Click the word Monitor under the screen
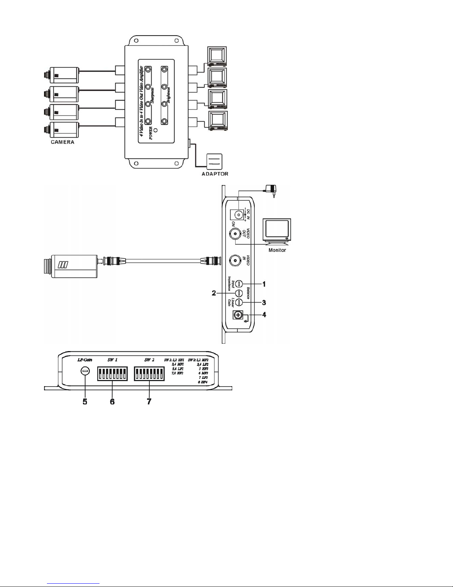tap(277, 250)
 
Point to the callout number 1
tap(264, 284)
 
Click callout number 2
tap(214, 293)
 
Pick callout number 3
tap(264, 303)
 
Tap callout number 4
tap(264, 315)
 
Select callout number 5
tap(85, 401)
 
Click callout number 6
tap(112, 401)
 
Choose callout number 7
tap(149, 401)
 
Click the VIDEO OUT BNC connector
tap(236, 234)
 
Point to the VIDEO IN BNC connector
tap(236, 260)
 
